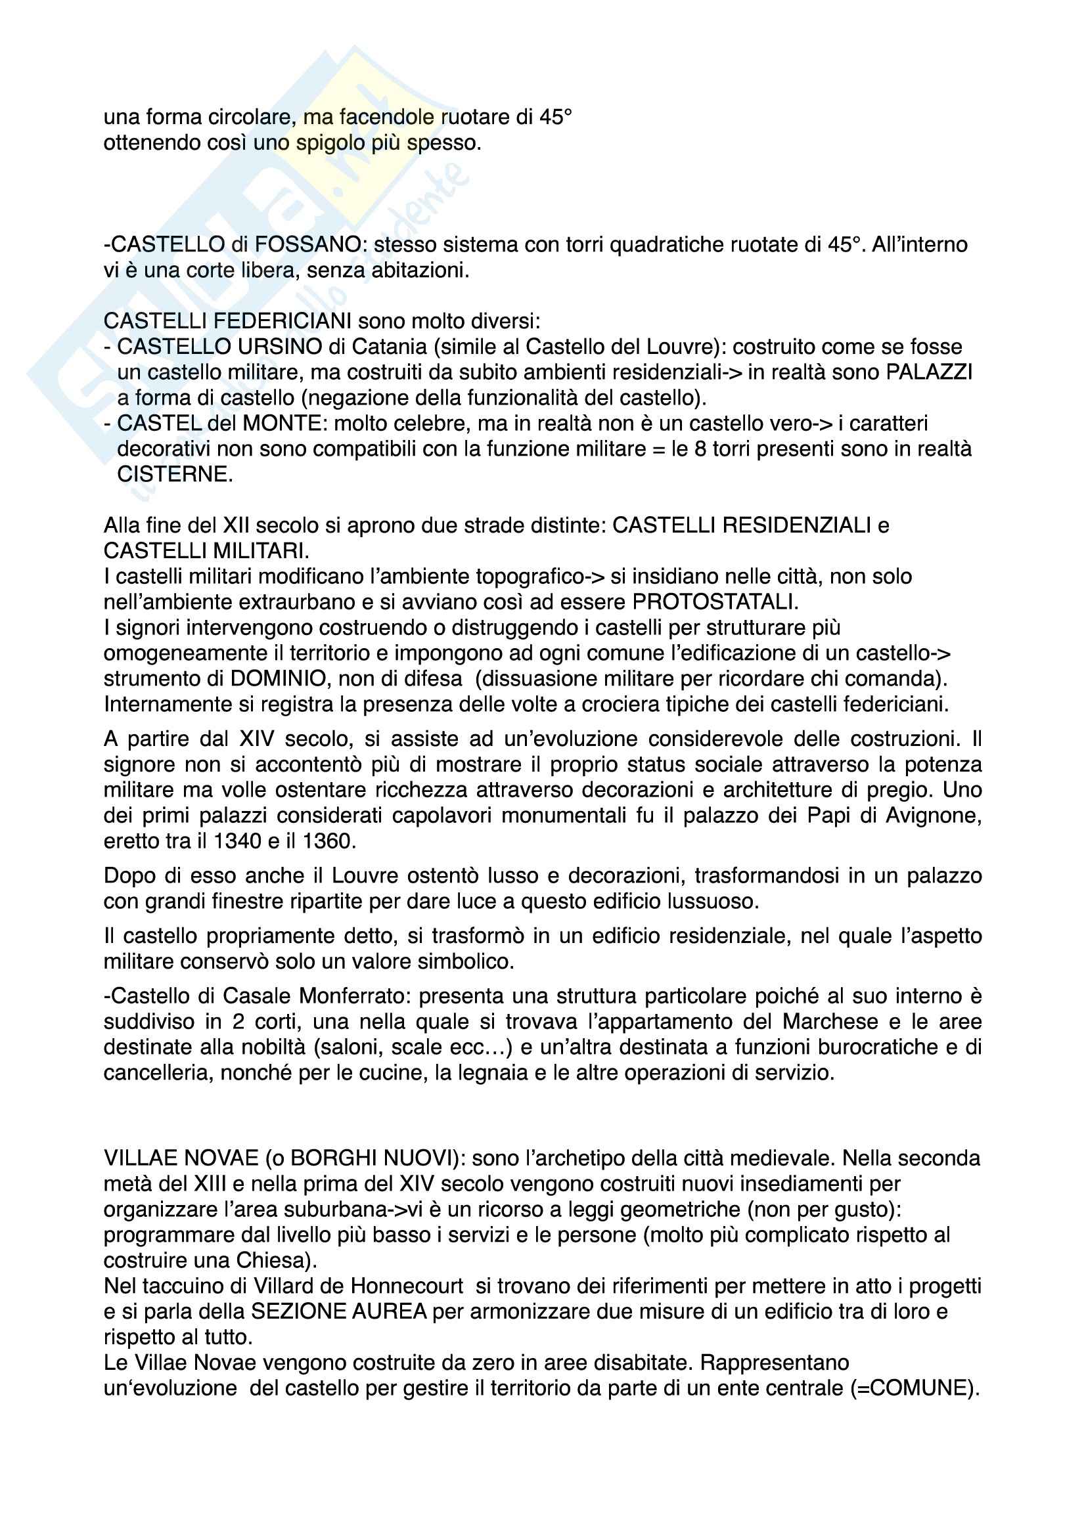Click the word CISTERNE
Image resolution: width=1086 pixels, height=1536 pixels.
pos(175,474)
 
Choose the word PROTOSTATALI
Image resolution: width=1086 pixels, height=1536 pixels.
pos(714,602)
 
